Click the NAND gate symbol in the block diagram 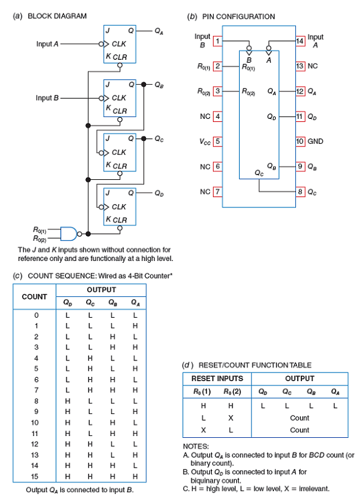coord(71,234)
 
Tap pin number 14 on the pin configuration coord(300,41)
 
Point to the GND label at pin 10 coord(315,141)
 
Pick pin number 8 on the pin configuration coord(300,191)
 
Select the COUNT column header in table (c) coord(34,296)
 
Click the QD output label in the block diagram coord(159,194)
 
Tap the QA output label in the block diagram coord(159,30)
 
